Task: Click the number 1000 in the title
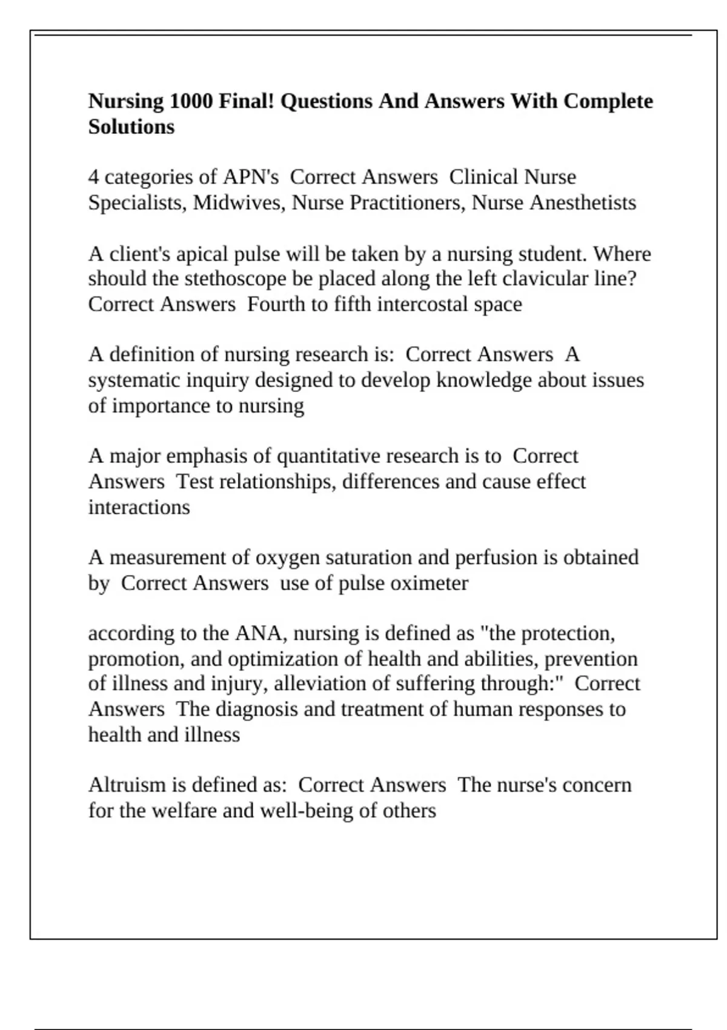point(191,101)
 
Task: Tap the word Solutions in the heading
point(131,127)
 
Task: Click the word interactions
point(139,507)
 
